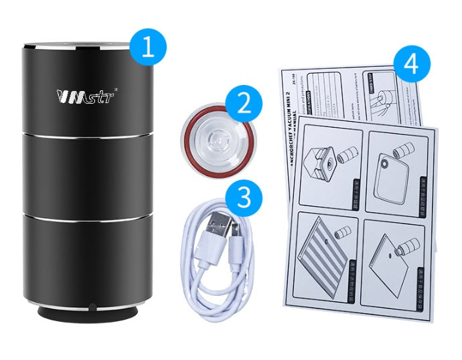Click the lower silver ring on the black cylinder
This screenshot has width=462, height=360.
[88, 215]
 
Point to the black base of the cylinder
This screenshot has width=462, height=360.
[89, 313]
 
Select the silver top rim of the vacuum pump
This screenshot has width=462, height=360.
[88, 47]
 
